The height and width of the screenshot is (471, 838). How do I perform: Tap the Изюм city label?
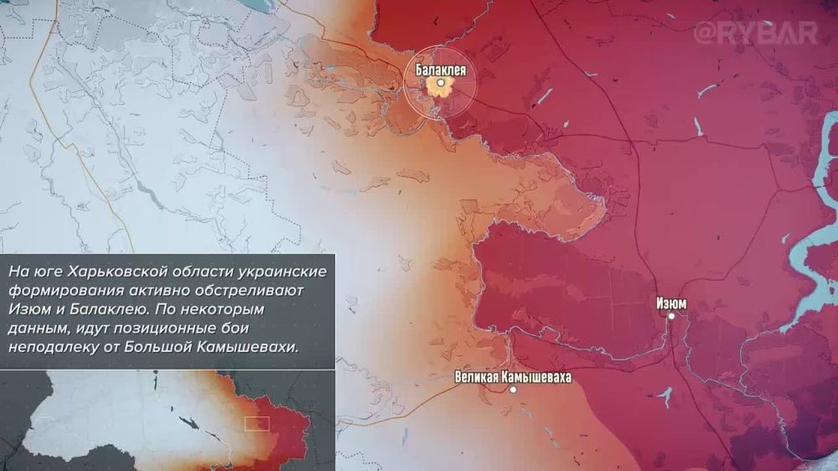point(671,303)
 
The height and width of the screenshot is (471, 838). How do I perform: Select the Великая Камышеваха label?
point(513,377)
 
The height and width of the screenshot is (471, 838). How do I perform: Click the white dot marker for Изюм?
point(671,316)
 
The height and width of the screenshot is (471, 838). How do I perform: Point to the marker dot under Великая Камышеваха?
point(513,390)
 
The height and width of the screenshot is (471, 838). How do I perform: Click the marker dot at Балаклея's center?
point(440,84)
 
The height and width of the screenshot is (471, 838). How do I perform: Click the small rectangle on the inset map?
point(256,423)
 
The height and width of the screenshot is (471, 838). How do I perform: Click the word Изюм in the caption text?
point(28,310)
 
